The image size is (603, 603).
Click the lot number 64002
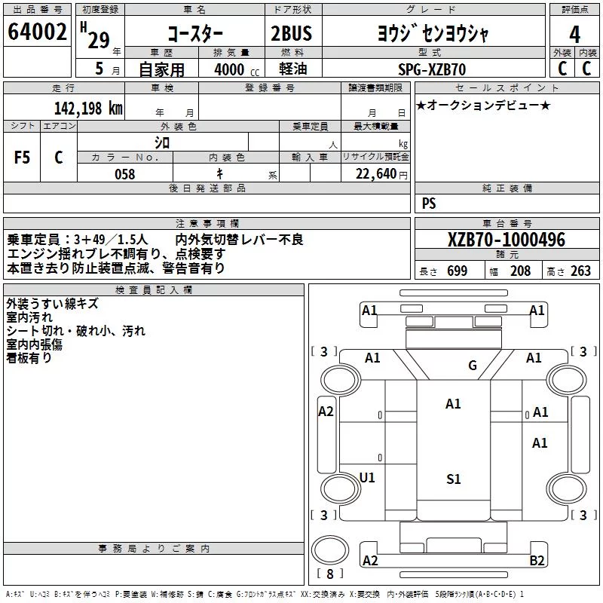37,32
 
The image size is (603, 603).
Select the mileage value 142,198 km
88,109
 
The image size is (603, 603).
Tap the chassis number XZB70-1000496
507,240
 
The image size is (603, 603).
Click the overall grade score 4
574,34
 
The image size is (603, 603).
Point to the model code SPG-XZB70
432,69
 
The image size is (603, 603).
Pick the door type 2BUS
292,33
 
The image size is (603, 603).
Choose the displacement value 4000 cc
237,69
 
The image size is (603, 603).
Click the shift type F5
22,158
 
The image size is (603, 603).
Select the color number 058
125,174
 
